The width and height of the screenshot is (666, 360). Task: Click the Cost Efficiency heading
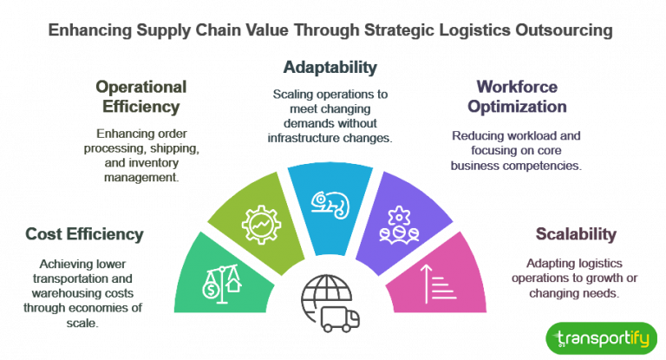pyautogui.click(x=84, y=234)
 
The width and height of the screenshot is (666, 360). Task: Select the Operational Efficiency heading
pyautogui.click(x=141, y=97)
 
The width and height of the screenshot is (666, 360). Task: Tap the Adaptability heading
pyautogui.click(x=330, y=67)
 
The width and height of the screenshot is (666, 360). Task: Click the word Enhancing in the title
pyautogui.click(x=89, y=30)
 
